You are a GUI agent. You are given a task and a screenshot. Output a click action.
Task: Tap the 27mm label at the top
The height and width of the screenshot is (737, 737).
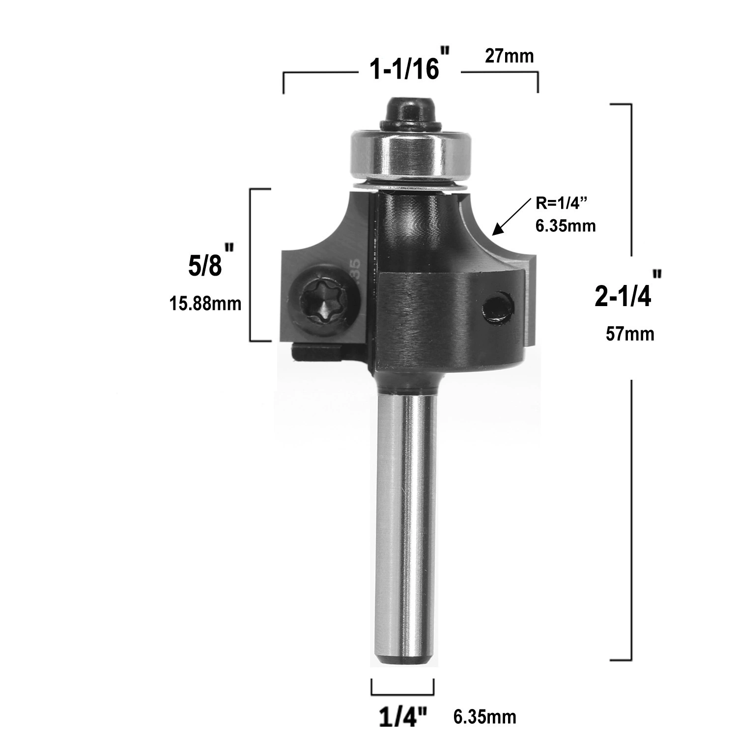[x=509, y=56]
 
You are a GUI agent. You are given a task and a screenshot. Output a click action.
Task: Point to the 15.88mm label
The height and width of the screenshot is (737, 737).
[x=205, y=304]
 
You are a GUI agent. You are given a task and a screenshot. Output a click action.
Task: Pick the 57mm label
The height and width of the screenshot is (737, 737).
[x=630, y=334]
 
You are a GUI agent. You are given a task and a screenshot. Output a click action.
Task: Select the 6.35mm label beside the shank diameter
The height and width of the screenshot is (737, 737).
[x=484, y=717]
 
